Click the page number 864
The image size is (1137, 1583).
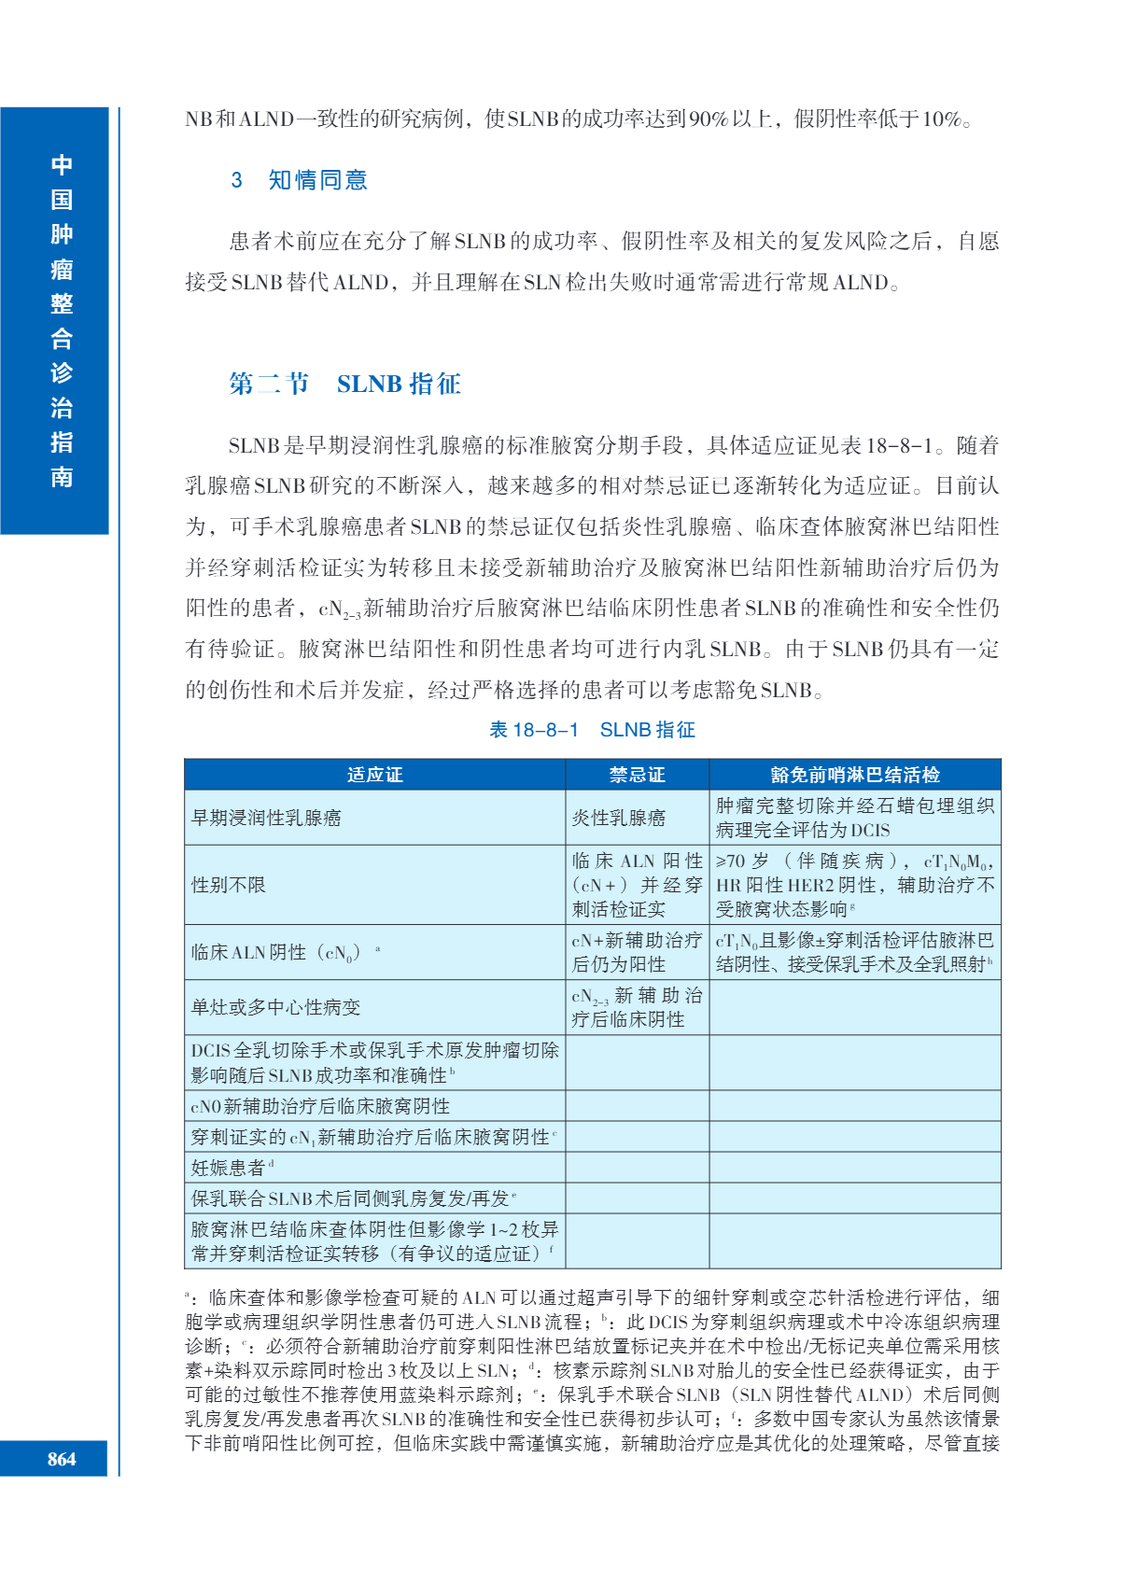(62, 1459)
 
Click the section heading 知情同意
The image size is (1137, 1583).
(317, 180)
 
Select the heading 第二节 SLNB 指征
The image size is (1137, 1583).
(344, 384)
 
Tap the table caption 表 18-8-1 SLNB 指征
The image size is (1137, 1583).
(592, 730)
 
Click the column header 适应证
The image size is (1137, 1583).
(374, 775)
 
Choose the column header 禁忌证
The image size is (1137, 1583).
(637, 775)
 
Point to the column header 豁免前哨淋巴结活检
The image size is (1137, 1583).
(854, 775)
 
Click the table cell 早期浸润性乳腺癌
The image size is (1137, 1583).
(267, 818)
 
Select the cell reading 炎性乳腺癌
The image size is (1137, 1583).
(618, 818)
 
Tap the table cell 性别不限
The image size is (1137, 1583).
(229, 885)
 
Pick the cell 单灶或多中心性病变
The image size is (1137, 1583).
(275, 1007)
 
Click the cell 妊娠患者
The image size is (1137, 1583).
(230, 1168)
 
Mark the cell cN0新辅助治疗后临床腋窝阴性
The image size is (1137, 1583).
(320, 1106)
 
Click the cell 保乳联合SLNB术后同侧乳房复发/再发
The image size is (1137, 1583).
(351, 1198)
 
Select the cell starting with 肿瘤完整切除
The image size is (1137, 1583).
(854, 818)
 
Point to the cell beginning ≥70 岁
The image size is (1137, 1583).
(854, 885)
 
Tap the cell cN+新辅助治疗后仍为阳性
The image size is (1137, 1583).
(637, 952)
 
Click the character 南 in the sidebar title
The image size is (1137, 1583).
(62, 477)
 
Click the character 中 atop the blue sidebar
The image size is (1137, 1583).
(62, 165)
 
